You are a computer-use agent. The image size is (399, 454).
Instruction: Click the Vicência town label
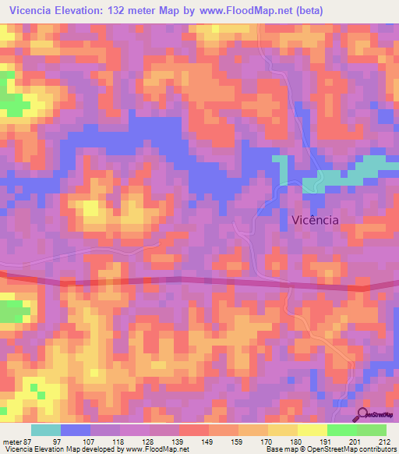[314, 220]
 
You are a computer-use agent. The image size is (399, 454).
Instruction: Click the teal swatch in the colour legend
[46, 430]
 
